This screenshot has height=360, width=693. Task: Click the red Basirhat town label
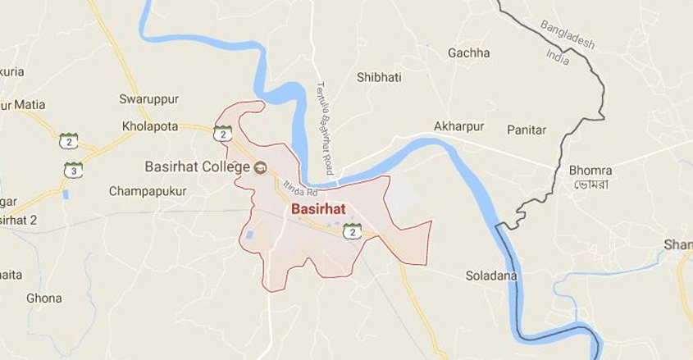[x=318, y=209]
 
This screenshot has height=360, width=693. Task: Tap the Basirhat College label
[x=197, y=166]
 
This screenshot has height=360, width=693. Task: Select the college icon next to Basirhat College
[x=261, y=166]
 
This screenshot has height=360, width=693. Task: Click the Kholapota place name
[x=150, y=126]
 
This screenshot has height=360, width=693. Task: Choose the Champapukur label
[x=148, y=191]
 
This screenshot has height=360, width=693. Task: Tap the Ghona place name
[x=43, y=298]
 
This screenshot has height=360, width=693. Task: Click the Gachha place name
[x=468, y=53]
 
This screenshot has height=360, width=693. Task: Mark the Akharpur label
[x=458, y=126]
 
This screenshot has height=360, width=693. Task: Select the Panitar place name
[x=527, y=130]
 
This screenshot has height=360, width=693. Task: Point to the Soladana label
[x=491, y=276]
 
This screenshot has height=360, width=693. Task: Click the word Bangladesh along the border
[x=568, y=34]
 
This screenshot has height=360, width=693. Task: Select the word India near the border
[x=559, y=56]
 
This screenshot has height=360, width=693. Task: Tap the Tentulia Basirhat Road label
[x=324, y=127]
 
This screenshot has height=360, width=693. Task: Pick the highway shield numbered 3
[x=73, y=171]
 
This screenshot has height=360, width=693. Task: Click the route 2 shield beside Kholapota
[x=222, y=134]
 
